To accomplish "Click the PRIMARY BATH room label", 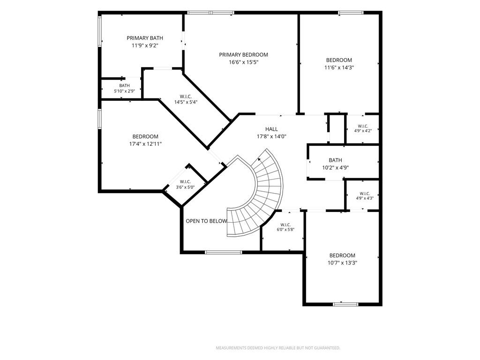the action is tap(145, 38).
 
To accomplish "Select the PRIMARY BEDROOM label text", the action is tap(243, 55).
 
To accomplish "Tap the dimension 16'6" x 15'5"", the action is tap(243, 62).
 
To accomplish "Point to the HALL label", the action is tap(271, 129).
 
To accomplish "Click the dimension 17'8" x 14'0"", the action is tap(271, 136).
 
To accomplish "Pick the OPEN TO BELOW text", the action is tap(207, 221).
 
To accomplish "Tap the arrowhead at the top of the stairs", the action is tap(260, 159).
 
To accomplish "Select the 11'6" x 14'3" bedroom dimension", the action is tap(339, 67).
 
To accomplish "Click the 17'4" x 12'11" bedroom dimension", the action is tap(145, 144).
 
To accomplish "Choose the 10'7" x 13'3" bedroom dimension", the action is tap(342, 262).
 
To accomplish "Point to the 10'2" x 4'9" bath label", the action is tap(336, 168).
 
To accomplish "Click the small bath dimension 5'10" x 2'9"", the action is tap(124, 91).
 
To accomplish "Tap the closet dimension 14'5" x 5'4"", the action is tap(186, 102).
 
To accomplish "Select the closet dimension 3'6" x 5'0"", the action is tap(185, 187).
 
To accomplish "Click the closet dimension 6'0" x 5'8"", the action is tap(285, 230).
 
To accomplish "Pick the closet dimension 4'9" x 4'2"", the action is tap(363, 131).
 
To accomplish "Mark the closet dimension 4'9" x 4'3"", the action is tap(365, 198).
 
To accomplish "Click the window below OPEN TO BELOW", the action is tap(224, 252).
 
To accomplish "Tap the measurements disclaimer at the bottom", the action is tap(278, 348).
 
